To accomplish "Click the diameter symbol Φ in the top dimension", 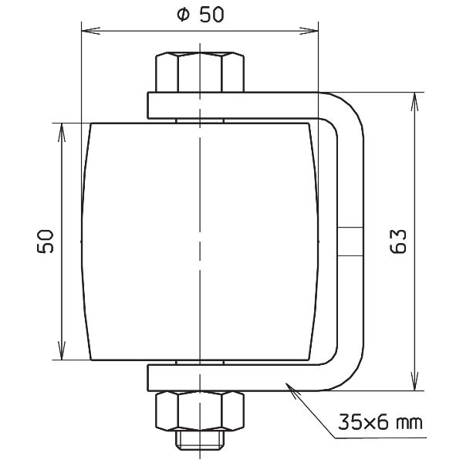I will coord(182,16).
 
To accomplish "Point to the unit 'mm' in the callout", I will coord(408,424).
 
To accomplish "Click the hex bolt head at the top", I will coord(201,72).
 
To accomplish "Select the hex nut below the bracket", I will coord(201,410).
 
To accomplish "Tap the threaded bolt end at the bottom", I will coord(201,441).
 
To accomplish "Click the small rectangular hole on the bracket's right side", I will coord(348,241).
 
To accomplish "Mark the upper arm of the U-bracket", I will coord(231,103).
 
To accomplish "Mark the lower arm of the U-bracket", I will coord(231,378).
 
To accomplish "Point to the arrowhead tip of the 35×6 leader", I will coord(288,384).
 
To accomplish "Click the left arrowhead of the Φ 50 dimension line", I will coord(86,32).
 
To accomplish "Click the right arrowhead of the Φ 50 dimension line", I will coord(316,32).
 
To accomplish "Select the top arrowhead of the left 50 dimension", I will coord(60,126).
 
